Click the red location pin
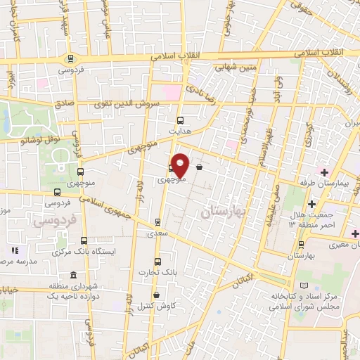click(180, 164)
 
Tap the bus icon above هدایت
click(180, 120)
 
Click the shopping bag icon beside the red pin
click(200, 167)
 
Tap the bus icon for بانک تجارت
click(157, 261)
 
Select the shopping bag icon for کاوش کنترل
click(155, 295)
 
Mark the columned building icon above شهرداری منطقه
click(74, 274)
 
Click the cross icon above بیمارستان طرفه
click(324, 172)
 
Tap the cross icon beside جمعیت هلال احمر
click(311, 224)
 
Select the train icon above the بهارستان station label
click(302, 244)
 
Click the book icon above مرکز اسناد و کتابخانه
click(304, 285)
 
